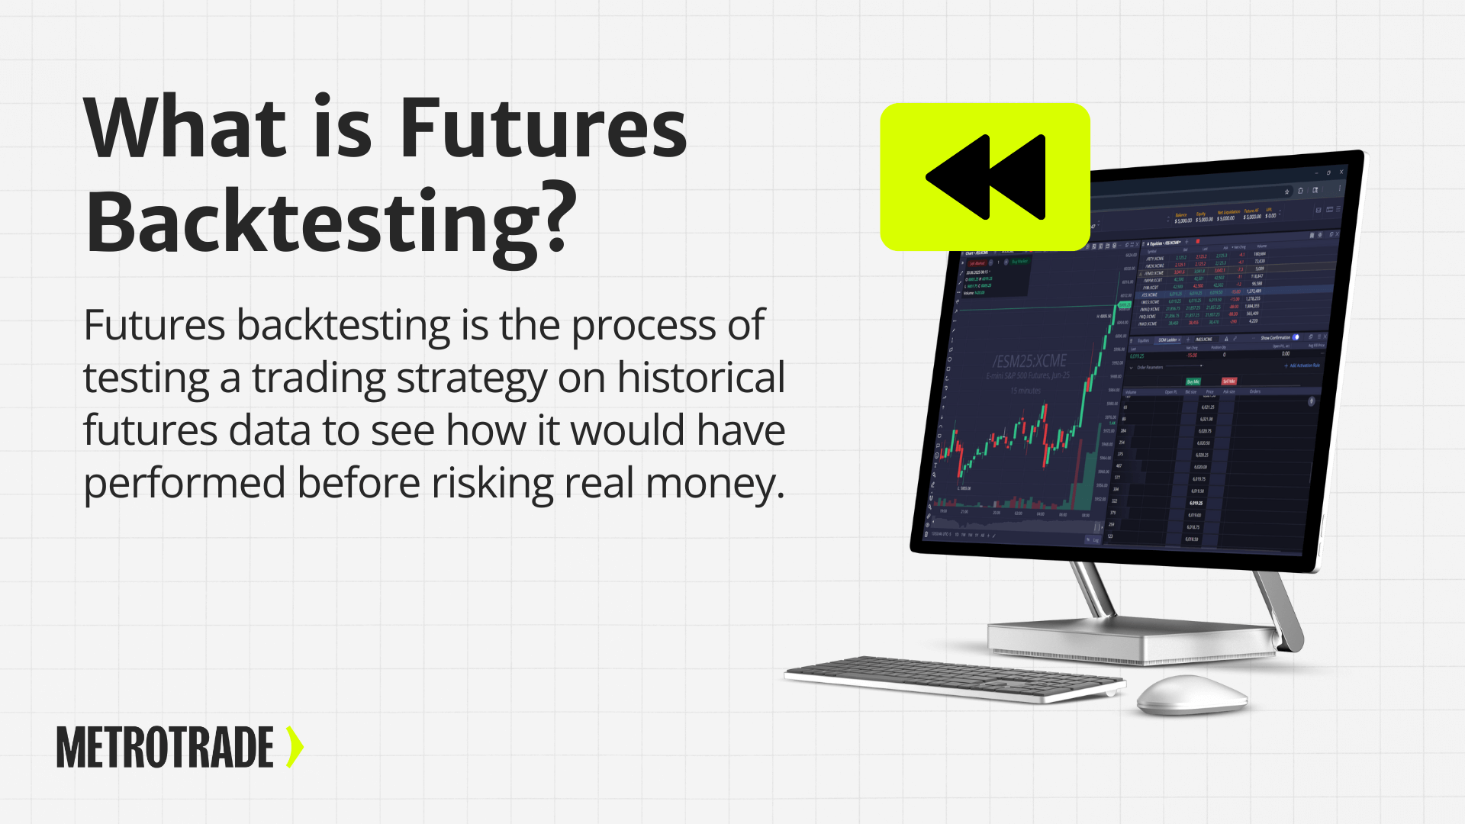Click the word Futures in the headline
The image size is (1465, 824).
543,127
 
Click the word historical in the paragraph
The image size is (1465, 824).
700,378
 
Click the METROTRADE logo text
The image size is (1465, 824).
165,747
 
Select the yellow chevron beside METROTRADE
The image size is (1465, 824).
295,747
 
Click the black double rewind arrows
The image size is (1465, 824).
985,177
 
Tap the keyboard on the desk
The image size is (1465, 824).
954,678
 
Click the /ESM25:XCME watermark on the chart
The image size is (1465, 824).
1029,361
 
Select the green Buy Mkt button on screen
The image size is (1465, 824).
1193,381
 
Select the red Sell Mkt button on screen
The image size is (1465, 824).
1228,381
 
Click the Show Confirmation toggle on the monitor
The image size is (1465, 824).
1296,337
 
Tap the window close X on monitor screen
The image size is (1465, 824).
1341,172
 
